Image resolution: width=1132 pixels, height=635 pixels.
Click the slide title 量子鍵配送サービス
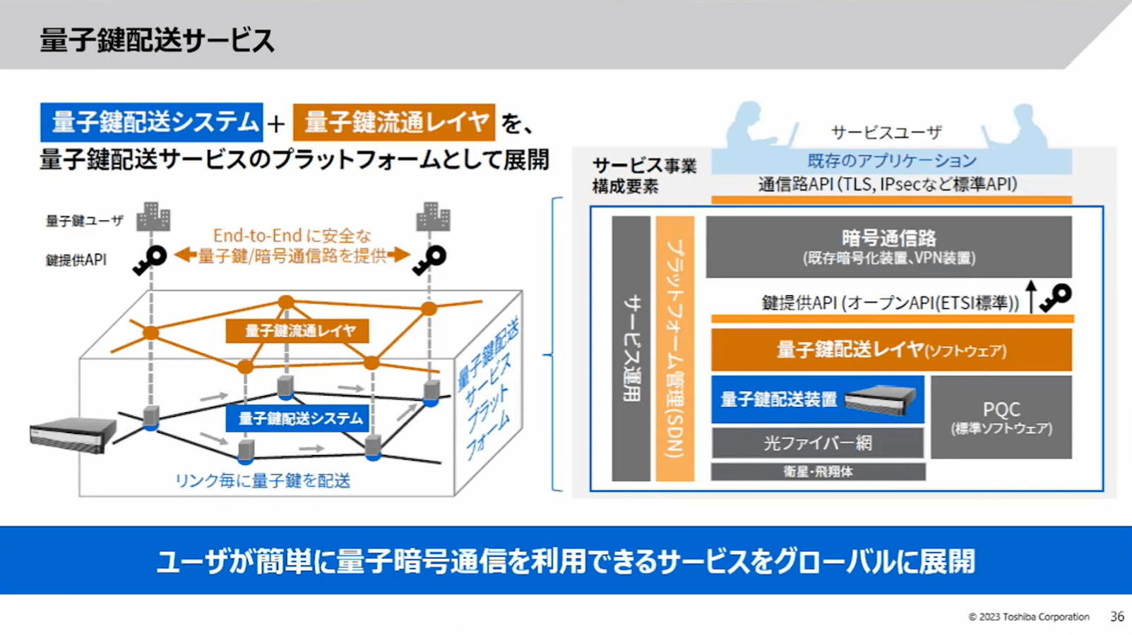point(157,40)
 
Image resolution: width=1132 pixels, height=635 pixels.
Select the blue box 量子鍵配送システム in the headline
point(152,122)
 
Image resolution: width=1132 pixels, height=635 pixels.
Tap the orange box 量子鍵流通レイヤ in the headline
point(394,122)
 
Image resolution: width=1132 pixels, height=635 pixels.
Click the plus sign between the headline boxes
point(276,124)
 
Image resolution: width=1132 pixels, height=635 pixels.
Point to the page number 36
point(1116,617)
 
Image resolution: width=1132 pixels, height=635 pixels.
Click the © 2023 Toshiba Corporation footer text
point(1028,617)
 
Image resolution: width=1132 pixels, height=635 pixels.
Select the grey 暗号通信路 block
point(888,246)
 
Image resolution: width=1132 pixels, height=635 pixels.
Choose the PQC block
point(1001,417)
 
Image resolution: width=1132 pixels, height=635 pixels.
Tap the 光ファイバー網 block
point(817,443)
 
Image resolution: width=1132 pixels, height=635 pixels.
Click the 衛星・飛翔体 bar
point(818,471)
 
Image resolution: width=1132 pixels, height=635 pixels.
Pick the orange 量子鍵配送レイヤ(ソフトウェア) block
point(891,350)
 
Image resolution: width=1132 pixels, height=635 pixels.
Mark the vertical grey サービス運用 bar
point(631,349)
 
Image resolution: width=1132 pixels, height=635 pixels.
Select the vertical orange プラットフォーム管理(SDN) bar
point(674,349)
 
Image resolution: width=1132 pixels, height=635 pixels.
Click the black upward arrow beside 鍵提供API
point(1031,296)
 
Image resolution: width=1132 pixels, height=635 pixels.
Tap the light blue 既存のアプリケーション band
point(891,161)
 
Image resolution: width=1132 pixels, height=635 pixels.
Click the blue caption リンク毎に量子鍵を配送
point(263,480)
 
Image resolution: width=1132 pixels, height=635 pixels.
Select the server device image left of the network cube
point(73,433)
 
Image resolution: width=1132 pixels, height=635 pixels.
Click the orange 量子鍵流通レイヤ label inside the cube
point(297,331)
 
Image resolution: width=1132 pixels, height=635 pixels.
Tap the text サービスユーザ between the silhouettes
point(886,133)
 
